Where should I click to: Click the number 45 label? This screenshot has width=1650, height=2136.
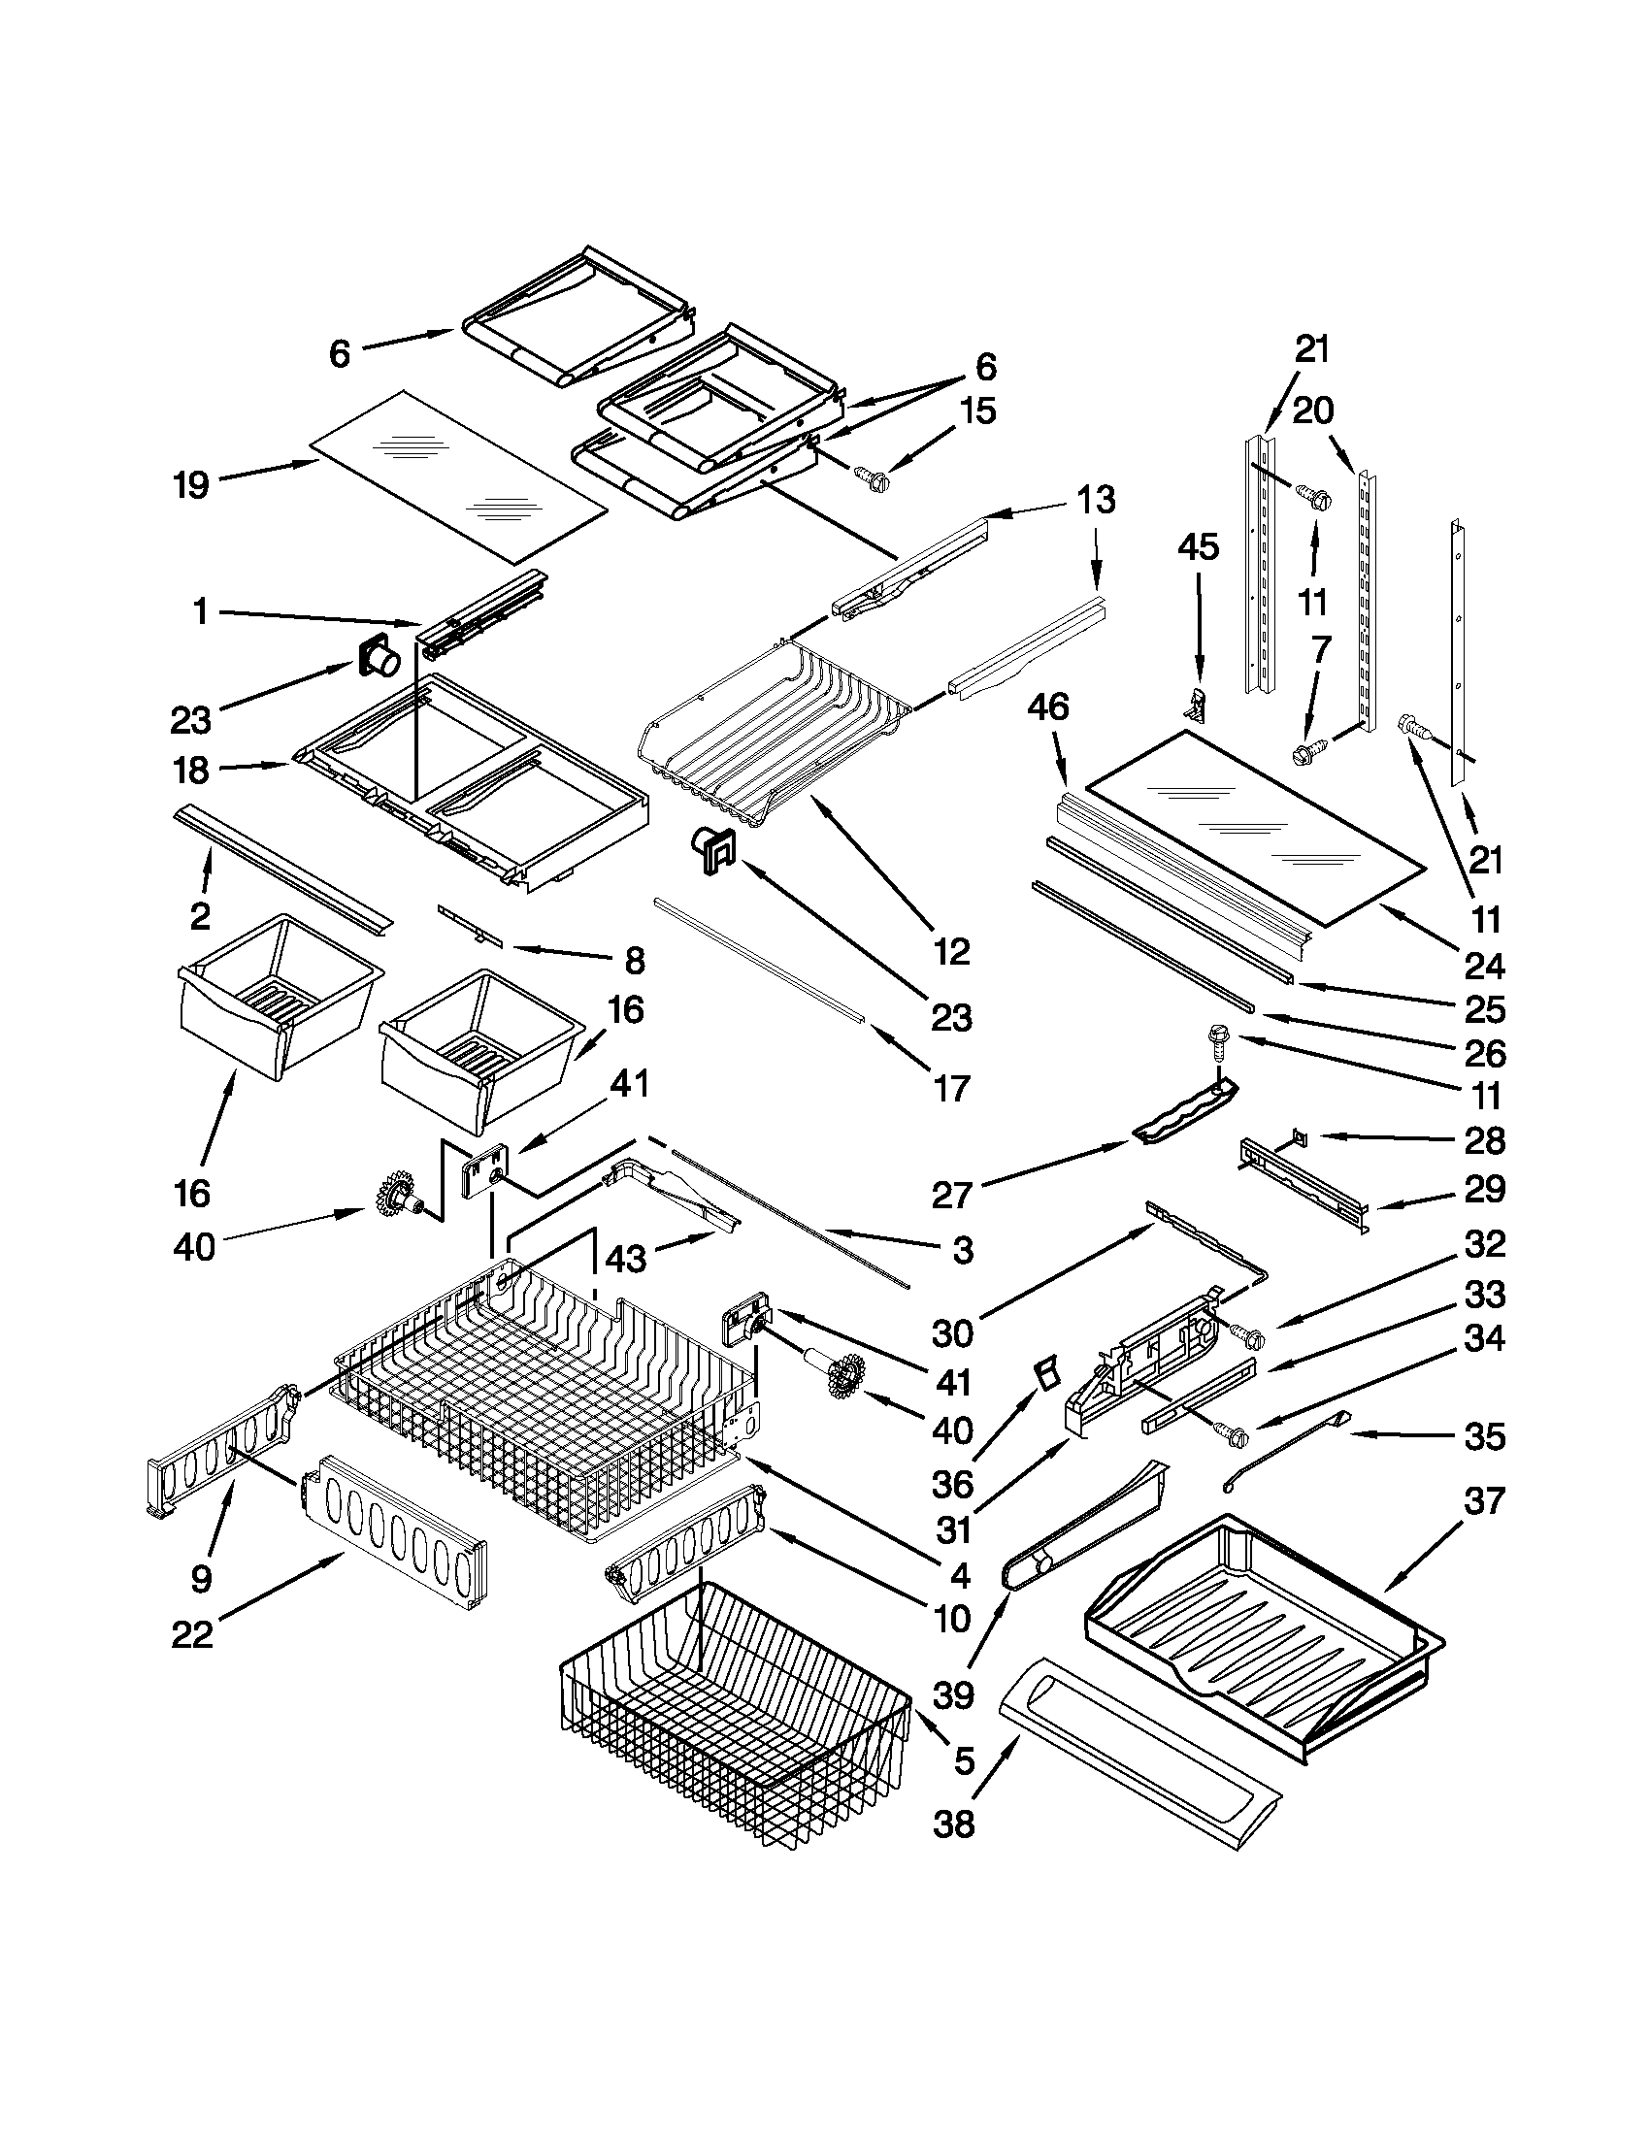(x=1198, y=546)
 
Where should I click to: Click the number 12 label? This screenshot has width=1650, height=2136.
(x=951, y=950)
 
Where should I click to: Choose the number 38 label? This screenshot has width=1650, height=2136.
(x=954, y=1824)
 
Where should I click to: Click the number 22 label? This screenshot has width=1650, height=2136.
(x=192, y=1634)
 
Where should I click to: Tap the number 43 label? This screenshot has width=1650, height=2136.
(x=626, y=1258)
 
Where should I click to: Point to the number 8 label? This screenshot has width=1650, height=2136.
(x=635, y=961)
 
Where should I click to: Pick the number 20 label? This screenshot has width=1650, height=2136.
(x=1312, y=411)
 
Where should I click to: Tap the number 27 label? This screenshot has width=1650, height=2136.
(x=951, y=1195)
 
